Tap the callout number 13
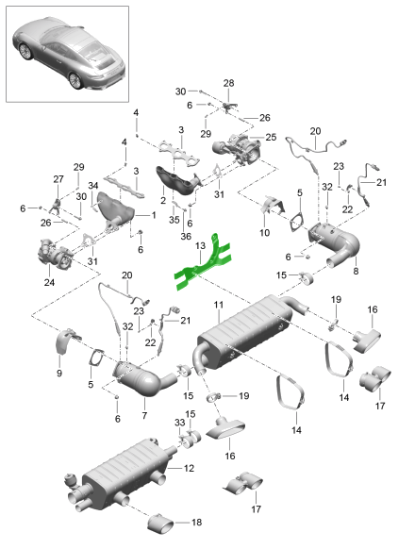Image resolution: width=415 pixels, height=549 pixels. (x=200, y=246)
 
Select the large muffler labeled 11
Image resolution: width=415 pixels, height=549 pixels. (x=245, y=333)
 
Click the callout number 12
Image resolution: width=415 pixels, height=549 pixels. (x=189, y=468)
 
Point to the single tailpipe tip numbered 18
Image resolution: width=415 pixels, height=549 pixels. (x=160, y=524)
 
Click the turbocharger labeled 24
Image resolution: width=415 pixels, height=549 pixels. (x=56, y=253)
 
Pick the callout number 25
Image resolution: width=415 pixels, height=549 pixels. (x=271, y=137)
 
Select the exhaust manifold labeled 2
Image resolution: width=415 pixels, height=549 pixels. (x=178, y=181)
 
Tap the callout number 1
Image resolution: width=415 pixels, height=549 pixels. (x=153, y=215)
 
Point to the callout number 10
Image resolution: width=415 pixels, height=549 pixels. (x=264, y=232)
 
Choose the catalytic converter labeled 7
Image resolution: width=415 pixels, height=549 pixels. (x=144, y=380)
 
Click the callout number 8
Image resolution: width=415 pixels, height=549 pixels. (x=356, y=271)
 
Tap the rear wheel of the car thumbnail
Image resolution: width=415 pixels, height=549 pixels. (x=75, y=80)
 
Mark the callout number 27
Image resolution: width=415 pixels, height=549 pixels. (x=58, y=179)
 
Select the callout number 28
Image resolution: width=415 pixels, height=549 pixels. (x=228, y=83)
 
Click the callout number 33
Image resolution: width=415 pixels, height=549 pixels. (x=179, y=423)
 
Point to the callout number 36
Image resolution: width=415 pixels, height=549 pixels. (x=186, y=237)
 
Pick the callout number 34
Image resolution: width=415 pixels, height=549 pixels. (x=92, y=185)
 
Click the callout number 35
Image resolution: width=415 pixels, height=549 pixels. (x=174, y=220)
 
